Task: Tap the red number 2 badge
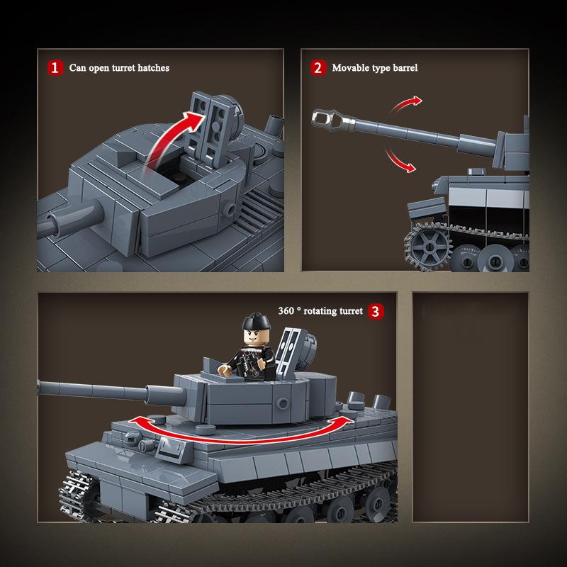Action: point(318,68)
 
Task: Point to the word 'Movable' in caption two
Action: point(352,68)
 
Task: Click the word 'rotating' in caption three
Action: point(321,310)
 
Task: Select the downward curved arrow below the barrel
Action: point(399,160)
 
